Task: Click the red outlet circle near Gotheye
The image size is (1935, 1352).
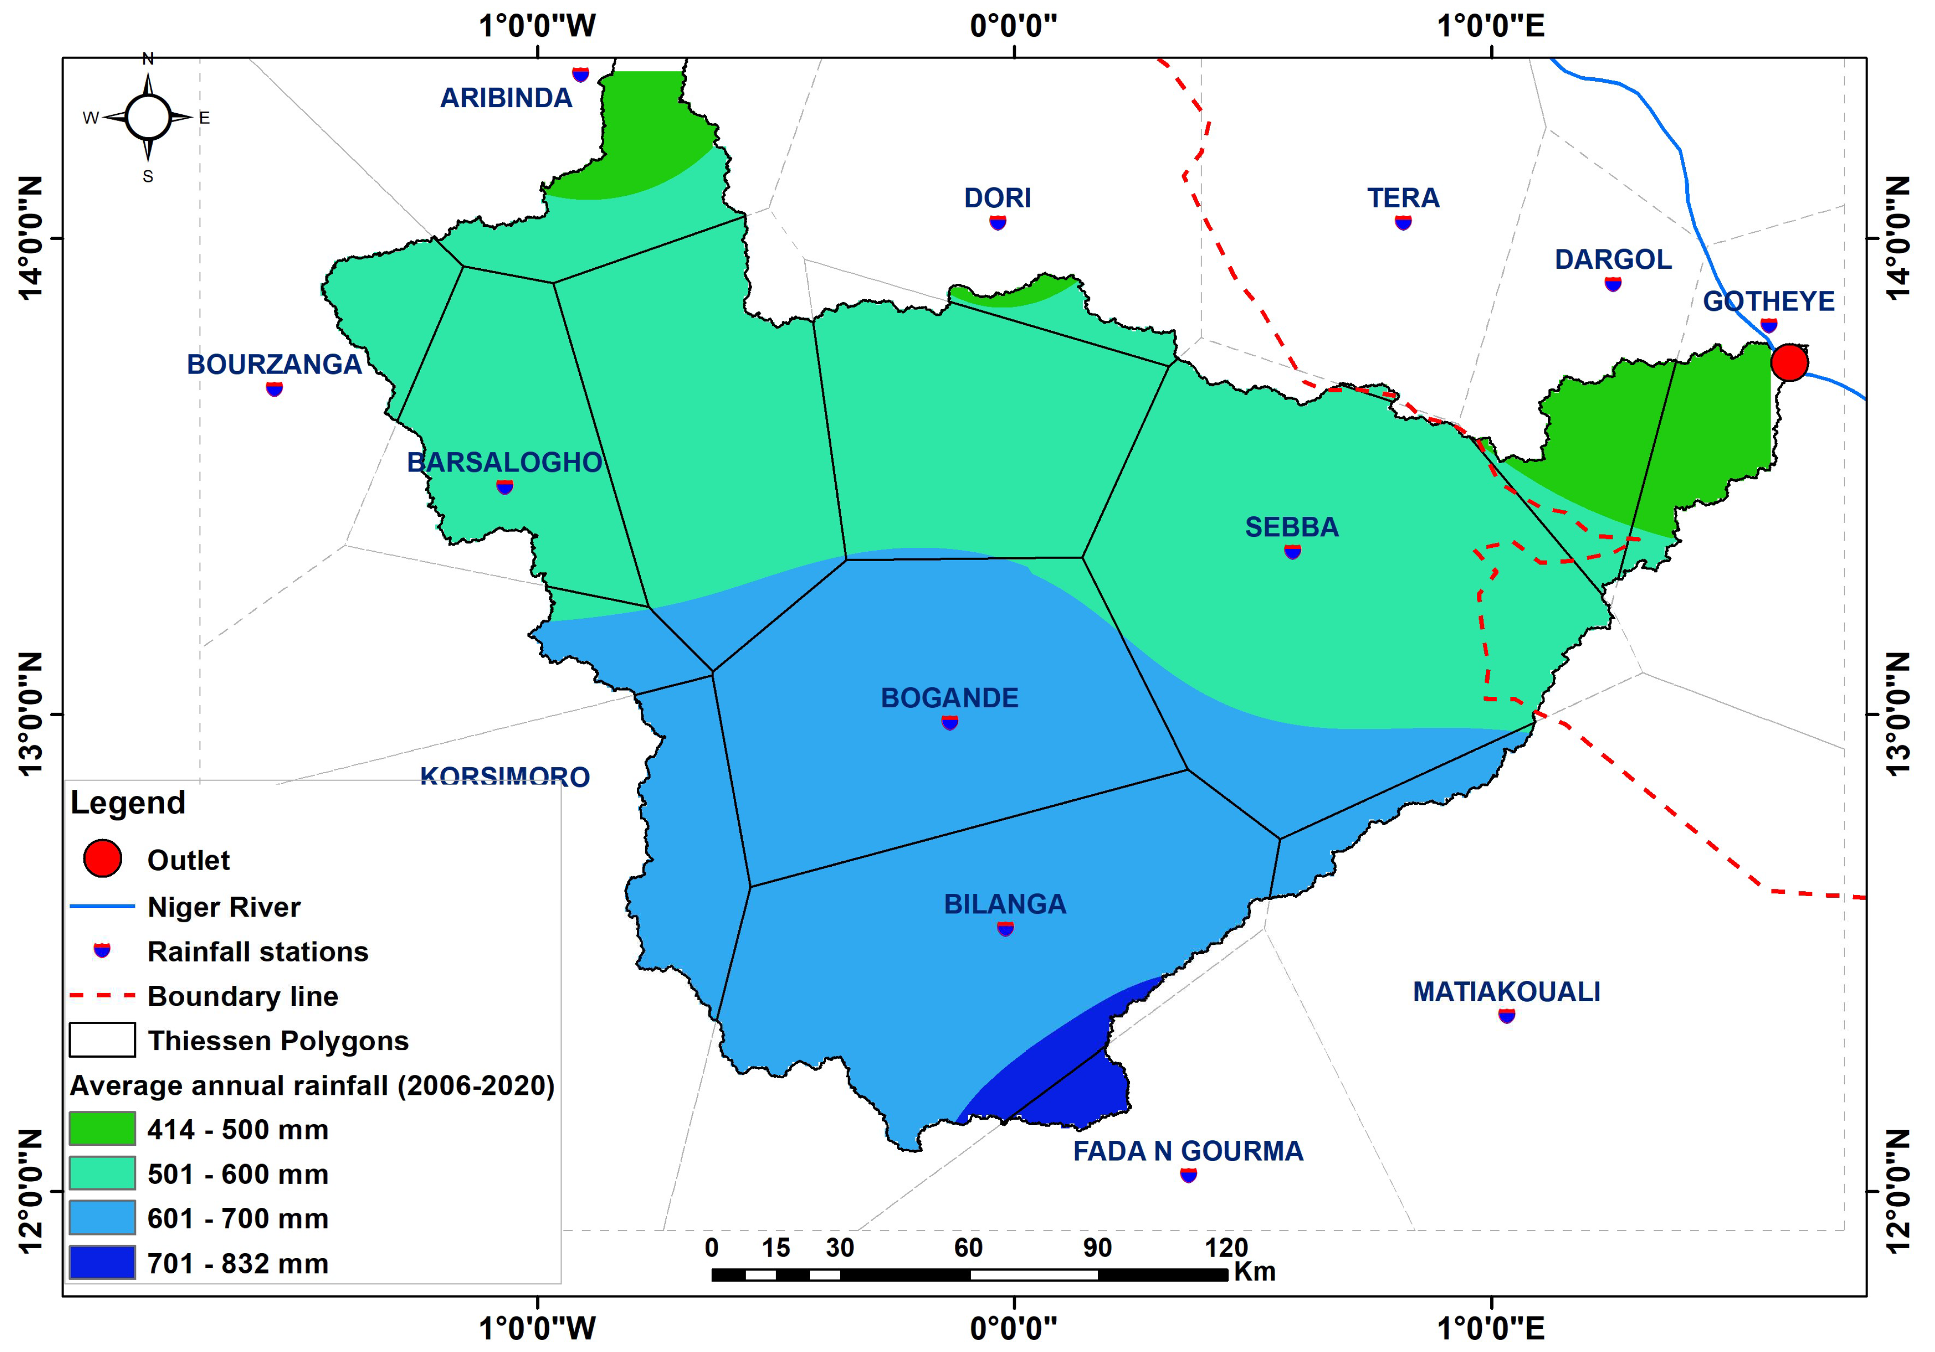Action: point(1788,363)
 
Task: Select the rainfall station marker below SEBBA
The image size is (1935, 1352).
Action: point(1292,552)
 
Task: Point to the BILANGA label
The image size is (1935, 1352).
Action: point(1005,904)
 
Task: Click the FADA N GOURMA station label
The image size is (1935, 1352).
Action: point(1187,1151)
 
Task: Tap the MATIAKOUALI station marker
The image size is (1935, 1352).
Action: point(1506,1015)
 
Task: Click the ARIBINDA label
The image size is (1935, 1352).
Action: point(506,98)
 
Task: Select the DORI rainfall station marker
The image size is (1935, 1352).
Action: point(997,222)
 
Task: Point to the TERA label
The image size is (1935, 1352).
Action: point(1402,198)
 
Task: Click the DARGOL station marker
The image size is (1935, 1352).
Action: point(1612,284)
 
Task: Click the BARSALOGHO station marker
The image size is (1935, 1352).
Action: point(504,486)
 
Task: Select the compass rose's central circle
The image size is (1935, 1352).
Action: point(148,117)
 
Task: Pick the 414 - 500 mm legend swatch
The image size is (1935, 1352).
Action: point(102,1129)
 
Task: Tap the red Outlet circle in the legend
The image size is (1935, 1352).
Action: point(102,858)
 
